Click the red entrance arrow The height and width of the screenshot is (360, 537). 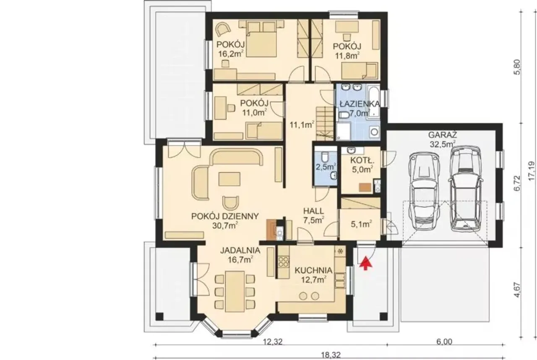tap(365, 263)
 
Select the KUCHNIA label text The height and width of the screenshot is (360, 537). tap(313, 270)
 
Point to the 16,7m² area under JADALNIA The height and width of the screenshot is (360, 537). tap(240, 259)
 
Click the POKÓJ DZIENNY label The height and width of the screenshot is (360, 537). tap(225, 216)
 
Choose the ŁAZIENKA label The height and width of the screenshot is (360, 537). tap(360, 104)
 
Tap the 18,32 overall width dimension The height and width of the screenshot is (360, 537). tap(331, 355)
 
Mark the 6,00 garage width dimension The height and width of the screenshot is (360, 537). tap(444, 342)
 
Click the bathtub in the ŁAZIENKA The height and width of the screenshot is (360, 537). tap(373, 102)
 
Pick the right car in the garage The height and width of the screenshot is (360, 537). tap(465, 189)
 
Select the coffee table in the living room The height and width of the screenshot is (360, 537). tap(229, 179)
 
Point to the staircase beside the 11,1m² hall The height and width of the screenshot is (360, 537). tap(325, 124)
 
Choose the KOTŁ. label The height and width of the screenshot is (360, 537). tap(362, 160)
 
